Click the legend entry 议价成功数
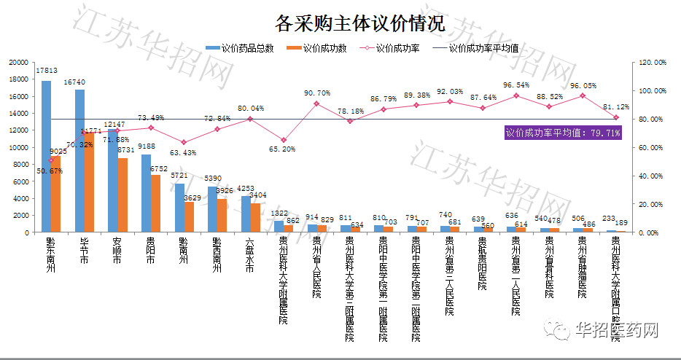324,49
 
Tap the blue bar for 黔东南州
46,156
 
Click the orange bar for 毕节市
90,182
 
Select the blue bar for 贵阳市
146,193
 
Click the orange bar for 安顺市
123,195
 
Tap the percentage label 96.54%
515,85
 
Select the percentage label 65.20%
284,149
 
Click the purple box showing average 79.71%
564,133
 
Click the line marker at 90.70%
316,103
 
